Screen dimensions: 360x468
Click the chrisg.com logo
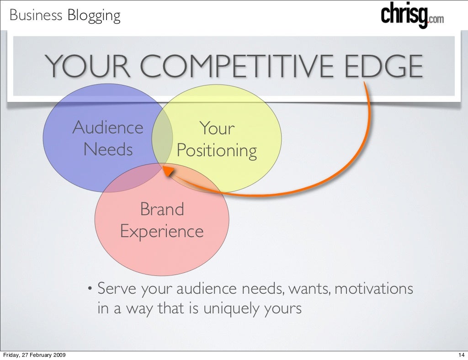[411, 17]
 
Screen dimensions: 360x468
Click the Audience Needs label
[108, 138]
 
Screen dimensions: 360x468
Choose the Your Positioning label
[217, 139]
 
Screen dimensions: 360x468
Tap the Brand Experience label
[162, 220]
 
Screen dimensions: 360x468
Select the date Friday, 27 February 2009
[33, 355]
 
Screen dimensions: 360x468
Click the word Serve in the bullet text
[117, 289]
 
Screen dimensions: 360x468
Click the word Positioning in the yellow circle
[217, 150]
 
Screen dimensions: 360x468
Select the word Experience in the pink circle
[162, 231]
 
